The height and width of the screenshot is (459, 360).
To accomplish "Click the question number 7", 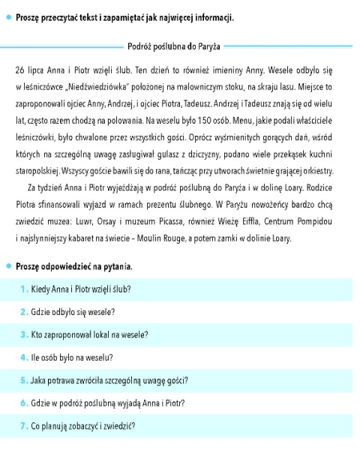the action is pyautogui.click(x=24, y=426).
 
